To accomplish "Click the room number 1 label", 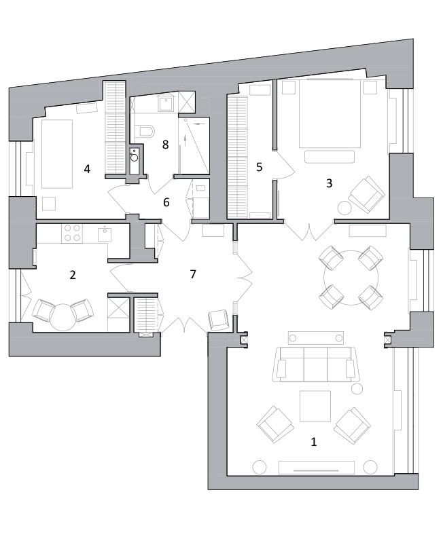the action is pyautogui.click(x=314, y=442).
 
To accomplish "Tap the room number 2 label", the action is pyautogui.click(x=73, y=275).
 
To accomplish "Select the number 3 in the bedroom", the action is pyautogui.click(x=329, y=183).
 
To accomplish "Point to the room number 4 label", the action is pyautogui.click(x=87, y=169).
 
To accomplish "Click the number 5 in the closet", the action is pyautogui.click(x=260, y=167).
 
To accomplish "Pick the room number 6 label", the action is pyautogui.click(x=166, y=202).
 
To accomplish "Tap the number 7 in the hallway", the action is pyautogui.click(x=193, y=274).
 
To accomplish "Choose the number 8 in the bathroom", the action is pyautogui.click(x=165, y=145).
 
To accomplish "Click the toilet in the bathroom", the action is pyautogui.click(x=145, y=130).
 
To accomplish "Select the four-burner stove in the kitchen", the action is pyautogui.click(x=72, y=233).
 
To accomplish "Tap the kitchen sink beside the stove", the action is pyautogui.click(x=105, y=233).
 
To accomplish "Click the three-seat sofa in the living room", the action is pyautogui.click(x=315, y=364).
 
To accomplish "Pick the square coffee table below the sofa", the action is pyautogui.click(x=315, y=406).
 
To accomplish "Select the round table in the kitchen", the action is pyautogui.click(x=63, y=317).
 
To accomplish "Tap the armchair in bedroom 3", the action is pyautogui.click(x=366, y=195).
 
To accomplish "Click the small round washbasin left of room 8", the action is pyautogui.click(x=134, y=158).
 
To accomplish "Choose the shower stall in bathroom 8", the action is pyautogui.click(x=194, y=145).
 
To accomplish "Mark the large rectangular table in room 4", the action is pyautogui.click(x=57, y=154).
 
